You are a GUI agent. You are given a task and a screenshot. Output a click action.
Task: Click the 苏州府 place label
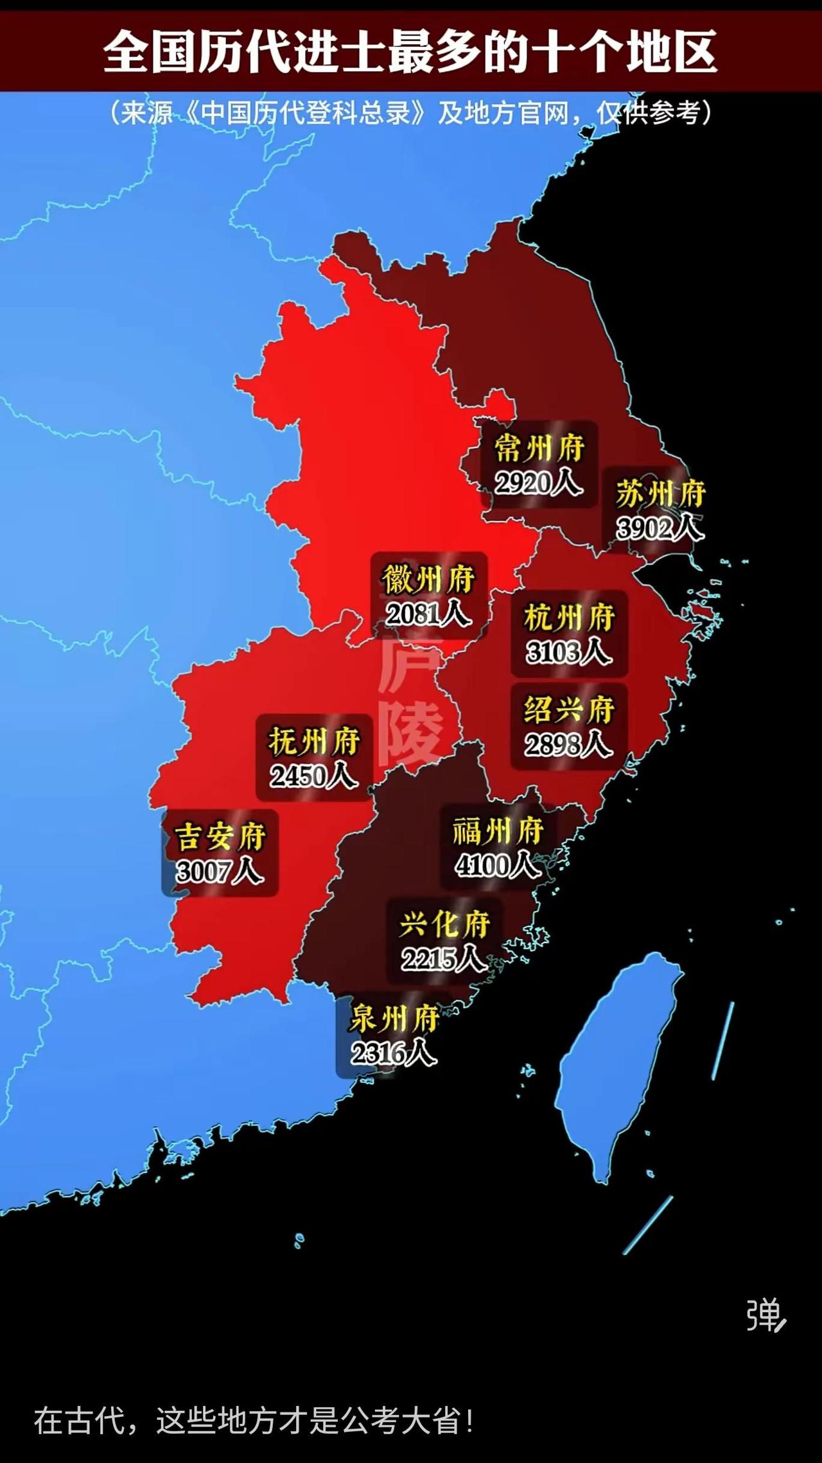click(x=660, y=494)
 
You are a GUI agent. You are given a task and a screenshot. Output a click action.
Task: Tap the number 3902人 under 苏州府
click(x=660, y=528)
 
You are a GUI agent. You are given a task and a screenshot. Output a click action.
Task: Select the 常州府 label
click(x=539, y=448)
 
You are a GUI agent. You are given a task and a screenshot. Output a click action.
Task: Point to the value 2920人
click(x=538, y=483)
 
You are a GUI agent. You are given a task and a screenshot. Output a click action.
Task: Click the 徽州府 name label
click(x=428, y=580)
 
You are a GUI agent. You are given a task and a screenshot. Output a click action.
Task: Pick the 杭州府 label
click(x=569, y=618)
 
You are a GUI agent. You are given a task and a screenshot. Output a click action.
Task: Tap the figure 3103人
click(x=568, y=653)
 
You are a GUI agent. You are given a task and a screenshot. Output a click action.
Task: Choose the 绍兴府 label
click(x=569, y=710)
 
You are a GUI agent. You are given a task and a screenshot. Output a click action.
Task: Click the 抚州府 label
click(x=314, y=742)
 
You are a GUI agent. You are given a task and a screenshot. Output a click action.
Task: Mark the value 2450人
click(x=313, y=777)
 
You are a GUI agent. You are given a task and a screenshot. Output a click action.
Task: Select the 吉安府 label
click(x=220, y=837)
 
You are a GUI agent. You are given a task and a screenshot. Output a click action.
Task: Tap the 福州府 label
click(x=498, y=831)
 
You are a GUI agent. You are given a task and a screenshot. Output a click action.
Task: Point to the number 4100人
click(x=498, y=866)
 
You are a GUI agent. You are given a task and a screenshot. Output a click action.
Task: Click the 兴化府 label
click(x=444, y=925)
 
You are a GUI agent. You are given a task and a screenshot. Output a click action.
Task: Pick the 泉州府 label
click(x=394, y=1019)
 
